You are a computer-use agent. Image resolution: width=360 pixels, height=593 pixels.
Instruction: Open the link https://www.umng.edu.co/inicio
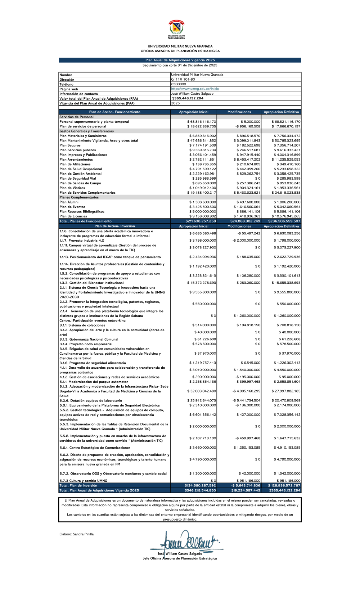point(195,89)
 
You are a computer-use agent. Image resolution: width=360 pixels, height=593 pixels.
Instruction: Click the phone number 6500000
point(179,84)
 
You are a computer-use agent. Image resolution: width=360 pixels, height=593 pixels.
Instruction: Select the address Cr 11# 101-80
point(183,80)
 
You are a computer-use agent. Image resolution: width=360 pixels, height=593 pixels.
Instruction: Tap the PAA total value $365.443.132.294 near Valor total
point(188,98)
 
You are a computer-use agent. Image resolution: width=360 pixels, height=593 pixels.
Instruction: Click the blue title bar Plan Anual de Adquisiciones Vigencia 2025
point(180,60)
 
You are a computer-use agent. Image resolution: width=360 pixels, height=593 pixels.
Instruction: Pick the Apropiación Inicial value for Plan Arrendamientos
point(203,160)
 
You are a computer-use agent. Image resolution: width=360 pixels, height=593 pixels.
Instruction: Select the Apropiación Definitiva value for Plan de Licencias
point(287,216)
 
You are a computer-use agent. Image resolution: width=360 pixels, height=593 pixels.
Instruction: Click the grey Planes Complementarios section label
point(74,197)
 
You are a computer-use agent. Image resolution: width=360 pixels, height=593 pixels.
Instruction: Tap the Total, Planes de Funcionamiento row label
point(85,221)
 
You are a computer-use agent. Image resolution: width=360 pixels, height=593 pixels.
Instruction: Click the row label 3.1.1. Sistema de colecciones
point(82,325)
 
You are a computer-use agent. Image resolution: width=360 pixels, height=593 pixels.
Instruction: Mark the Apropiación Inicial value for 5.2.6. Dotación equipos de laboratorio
point(202,400)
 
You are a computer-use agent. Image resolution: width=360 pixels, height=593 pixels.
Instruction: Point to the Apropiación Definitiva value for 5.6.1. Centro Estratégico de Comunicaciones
point(287,448)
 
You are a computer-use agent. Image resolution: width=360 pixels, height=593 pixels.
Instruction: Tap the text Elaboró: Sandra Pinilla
point(76,534)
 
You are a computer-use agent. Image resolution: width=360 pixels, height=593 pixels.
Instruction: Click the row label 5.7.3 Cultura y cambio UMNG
point(83,481)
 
